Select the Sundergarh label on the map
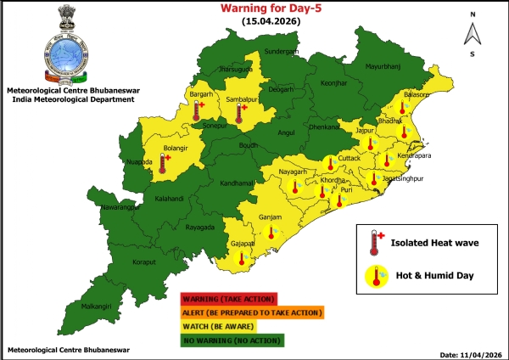point(282,52)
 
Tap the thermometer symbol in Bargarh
point(197,110)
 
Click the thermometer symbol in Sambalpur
point(240,113)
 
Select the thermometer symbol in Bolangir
point(164,161)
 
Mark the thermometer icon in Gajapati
point(242,256)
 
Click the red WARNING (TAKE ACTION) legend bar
point(228,299)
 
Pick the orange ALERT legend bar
point(252,312)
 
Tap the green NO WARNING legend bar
point(232,340)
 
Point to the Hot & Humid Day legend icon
point(375,276)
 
